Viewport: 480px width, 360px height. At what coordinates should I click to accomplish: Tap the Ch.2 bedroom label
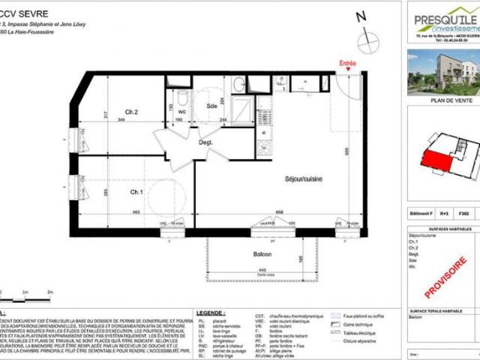pos(131,112)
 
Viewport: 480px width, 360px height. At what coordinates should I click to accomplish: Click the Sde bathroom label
pos(211,106)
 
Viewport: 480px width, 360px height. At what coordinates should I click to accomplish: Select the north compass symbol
pos(367,41)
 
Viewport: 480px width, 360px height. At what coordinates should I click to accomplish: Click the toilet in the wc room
pos(181,98)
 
